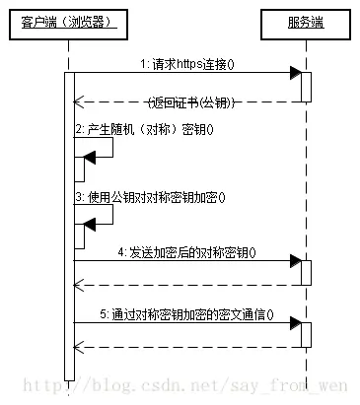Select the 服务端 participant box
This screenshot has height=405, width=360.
tap(307, 21)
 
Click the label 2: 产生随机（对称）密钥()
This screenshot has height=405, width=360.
tap(143, 129)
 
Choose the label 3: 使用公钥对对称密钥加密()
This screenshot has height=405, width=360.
tap(150, 196)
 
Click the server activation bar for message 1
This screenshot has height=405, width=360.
tap(307, 86)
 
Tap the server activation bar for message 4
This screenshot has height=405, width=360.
tap(307, 273)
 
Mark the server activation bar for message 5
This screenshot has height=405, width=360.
tap(307, 335)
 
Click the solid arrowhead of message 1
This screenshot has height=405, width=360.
tap(295, 73)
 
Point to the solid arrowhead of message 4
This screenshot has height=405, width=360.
tap(295, 261)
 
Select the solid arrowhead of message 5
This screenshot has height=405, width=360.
tap(295, 323)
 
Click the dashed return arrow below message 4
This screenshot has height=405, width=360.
tap(187, 285)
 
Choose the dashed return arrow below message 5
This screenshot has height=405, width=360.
tap(187, 347)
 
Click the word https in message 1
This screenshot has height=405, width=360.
tap(193, 63)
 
